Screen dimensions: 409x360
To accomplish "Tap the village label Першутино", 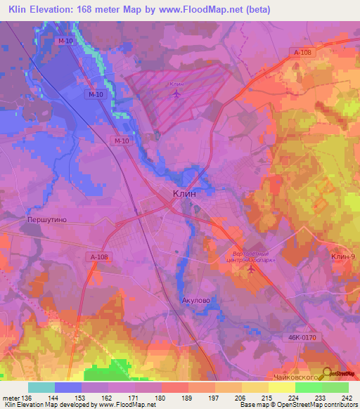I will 46,220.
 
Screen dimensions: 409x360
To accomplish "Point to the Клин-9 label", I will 344,257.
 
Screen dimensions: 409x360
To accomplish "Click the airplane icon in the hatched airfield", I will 176,93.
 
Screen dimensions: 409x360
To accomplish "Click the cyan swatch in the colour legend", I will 41,387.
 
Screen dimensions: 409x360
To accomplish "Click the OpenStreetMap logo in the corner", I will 340,375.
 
